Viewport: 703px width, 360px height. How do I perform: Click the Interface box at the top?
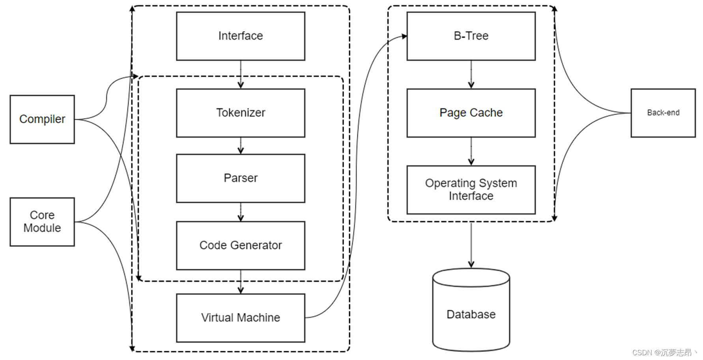tap(240, 36)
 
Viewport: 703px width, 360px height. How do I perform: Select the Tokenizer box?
tap(240, 113)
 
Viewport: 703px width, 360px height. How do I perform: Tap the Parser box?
tap(240, 178)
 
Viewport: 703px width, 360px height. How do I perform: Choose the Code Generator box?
tap(240, 245)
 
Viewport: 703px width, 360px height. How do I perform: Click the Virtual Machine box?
tap(240, 318)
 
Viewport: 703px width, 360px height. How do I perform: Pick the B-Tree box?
tap(471, 36)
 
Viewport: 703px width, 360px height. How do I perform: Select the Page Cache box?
tap(471, 113)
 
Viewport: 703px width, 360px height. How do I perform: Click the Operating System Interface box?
tap(471, 189)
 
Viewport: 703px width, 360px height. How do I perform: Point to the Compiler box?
tap(42, 119)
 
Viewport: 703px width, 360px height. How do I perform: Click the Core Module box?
tap(42, 222)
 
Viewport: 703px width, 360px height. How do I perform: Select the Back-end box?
tap(663, 113)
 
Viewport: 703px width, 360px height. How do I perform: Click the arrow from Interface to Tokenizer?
tap(241, 75)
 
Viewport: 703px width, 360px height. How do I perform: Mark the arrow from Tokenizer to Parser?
tap(241, 146)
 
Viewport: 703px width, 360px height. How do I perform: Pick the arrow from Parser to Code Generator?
tap(241, 212)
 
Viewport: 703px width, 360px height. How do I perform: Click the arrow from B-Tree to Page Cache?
tap(471, 75)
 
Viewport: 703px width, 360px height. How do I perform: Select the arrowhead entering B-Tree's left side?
tap(404, 36)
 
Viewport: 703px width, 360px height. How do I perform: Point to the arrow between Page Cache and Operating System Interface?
tap(471, 152)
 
